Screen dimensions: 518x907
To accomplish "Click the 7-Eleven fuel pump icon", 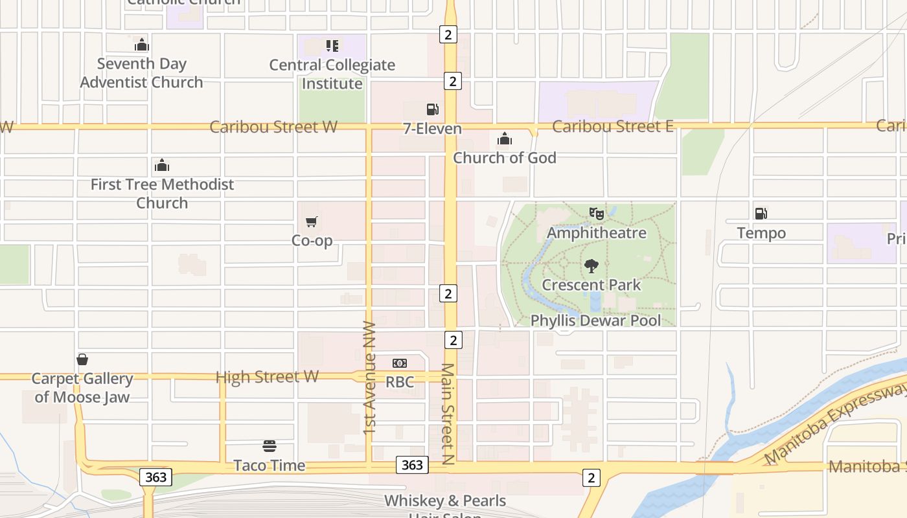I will click(432, 109).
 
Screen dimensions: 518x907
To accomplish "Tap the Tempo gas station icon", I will click(761, 213).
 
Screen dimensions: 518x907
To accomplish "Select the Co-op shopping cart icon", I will click(312, 222).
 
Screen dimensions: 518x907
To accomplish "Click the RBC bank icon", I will click(400, 363).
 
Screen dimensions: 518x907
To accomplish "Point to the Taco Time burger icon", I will click(270, 446).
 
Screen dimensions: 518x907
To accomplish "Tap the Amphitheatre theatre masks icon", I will click(596, 213).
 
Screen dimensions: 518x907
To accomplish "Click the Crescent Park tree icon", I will click(591, 265).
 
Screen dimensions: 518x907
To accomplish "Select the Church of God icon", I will click(505, 139).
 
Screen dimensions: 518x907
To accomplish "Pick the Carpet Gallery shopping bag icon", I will click(82, 359).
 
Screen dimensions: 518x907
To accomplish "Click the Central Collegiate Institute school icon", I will click(332, 46).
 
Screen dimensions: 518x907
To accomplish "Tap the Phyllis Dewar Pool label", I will click(595, 321).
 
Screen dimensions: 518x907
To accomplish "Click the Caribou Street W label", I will click(273, 127).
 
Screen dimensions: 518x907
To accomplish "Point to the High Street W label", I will click(267, 377).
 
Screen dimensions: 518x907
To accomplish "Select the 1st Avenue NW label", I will click(370, 377).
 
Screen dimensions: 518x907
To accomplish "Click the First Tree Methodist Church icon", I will click(162, 166).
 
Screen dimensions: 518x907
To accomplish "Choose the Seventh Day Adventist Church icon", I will click(142, 45).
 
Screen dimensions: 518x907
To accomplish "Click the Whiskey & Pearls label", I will click(445, 501).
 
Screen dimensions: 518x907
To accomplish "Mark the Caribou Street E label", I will click(612, 127).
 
